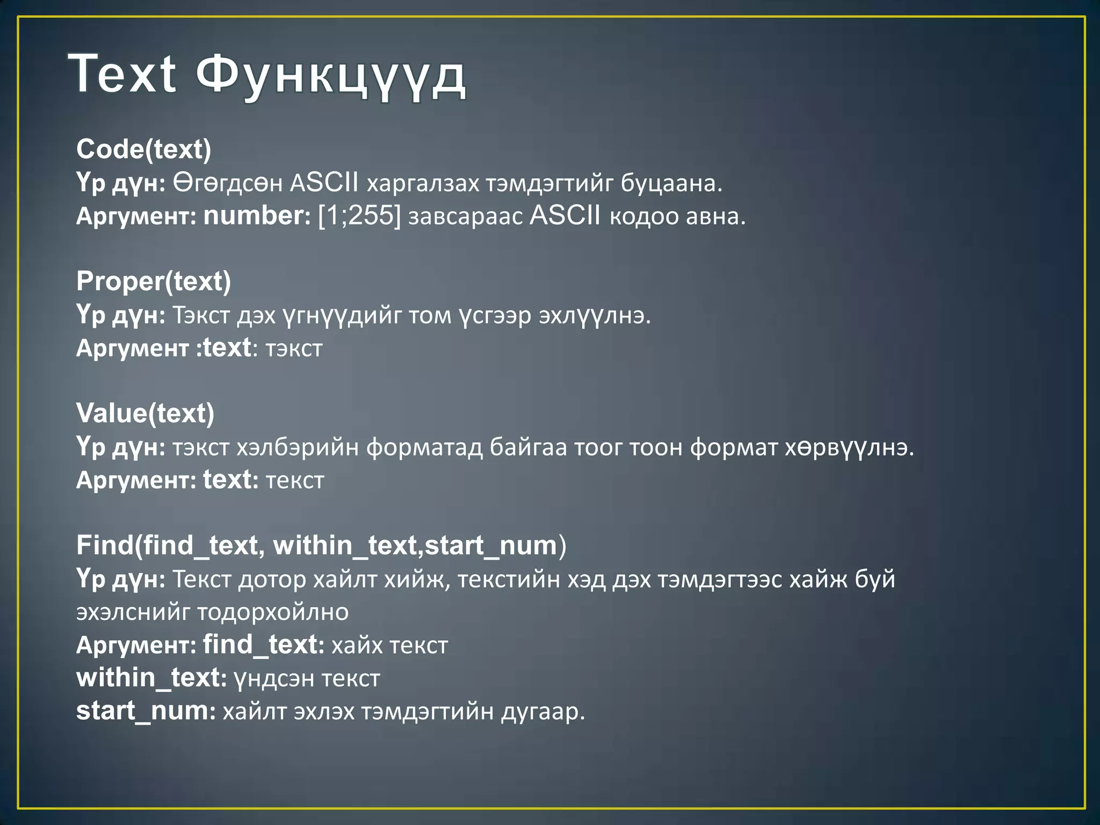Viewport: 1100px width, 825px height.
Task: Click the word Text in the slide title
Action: pos(122,74)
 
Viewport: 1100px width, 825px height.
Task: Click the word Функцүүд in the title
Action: pos(330,75)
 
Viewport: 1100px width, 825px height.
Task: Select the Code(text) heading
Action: pos(144,149)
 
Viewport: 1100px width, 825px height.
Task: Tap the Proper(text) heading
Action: pos(154,281)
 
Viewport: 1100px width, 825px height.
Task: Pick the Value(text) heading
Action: pos(145,414)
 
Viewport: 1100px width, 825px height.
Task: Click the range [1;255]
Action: pos(359,216)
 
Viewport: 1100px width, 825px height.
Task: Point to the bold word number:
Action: pos(257,216)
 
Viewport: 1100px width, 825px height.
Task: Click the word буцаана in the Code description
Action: pos(671,184)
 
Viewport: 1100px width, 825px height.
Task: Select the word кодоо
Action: pos(636,216)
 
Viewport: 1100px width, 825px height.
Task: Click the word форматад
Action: pos(424,447)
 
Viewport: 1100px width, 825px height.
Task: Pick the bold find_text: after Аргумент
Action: pos(263,645)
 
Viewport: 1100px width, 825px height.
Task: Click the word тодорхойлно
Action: pos(273,612)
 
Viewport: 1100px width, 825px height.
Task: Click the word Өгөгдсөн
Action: pos(227,184)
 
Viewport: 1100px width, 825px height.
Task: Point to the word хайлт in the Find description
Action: pos(345,580)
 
